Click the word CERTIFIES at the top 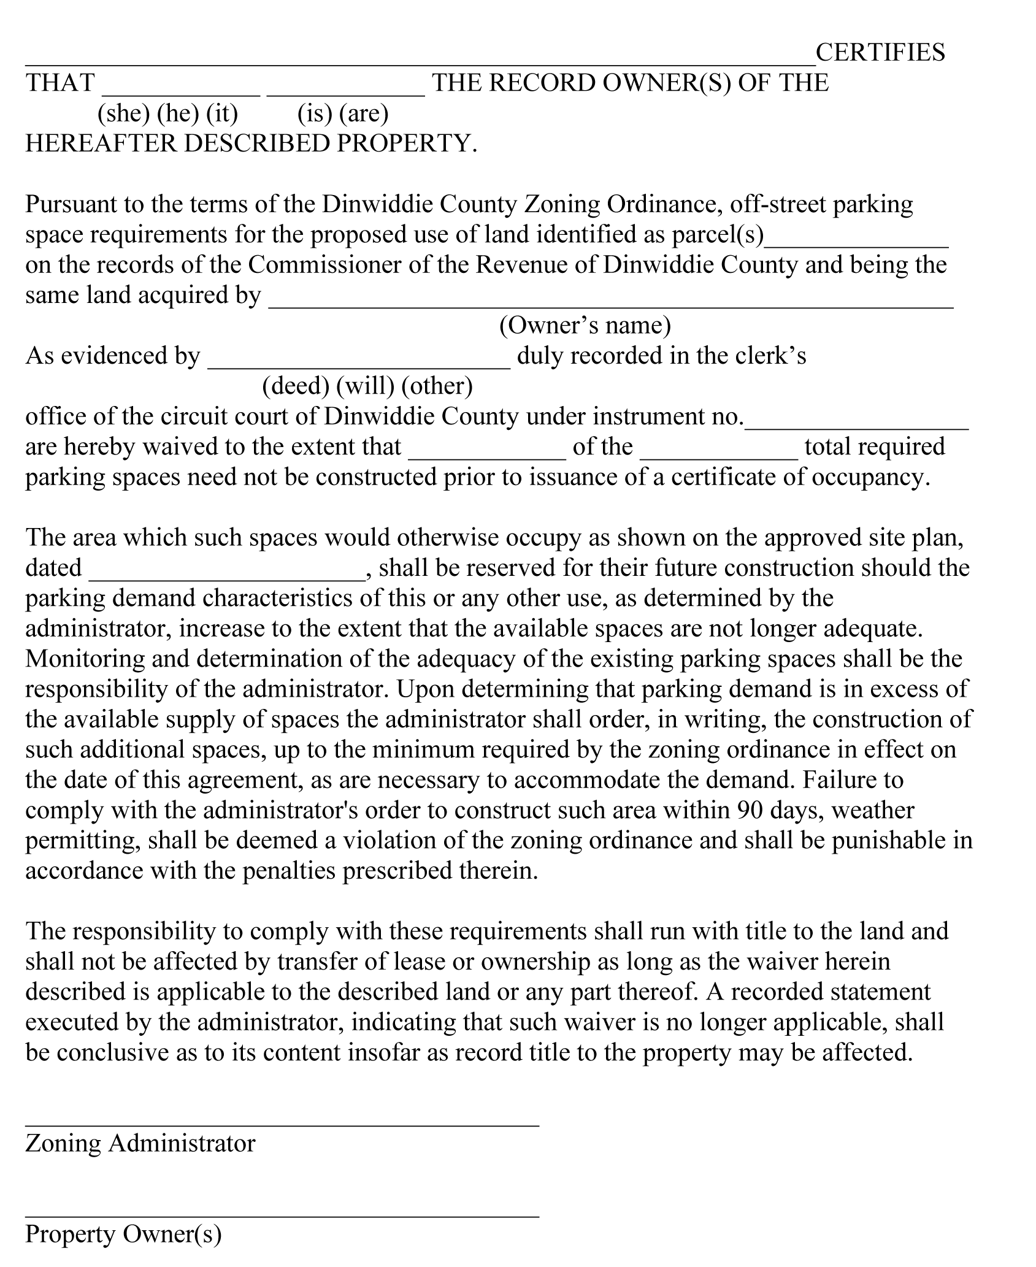pos(880,53)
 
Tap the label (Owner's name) pos(585,325)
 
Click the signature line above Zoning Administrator pos(282,1123)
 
